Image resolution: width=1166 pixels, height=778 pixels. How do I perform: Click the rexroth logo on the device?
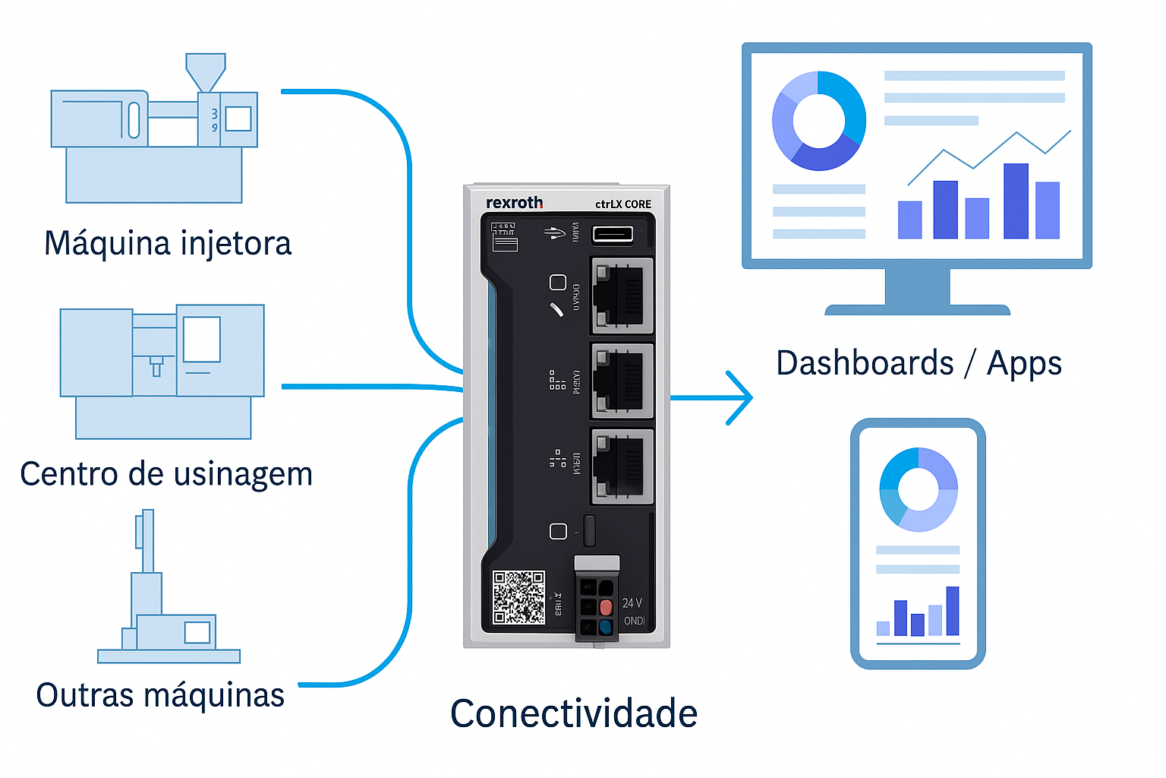pos(514,203)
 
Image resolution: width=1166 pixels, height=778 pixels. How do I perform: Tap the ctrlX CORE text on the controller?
pos(622,204)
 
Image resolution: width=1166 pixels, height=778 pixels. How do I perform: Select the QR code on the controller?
pos(518,597)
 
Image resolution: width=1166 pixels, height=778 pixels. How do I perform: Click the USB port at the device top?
pos(612,233)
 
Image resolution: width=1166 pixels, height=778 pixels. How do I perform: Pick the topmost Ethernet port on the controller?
pos(622,296)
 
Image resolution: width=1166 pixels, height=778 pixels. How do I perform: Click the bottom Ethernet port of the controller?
pos(622,466)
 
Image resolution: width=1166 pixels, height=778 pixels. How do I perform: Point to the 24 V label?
pos(632,602)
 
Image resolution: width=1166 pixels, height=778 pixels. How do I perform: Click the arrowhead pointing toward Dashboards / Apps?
pos(739,397)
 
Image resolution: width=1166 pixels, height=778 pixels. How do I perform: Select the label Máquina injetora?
pos(168,244)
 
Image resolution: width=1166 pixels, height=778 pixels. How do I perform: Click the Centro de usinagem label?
pos(166,474)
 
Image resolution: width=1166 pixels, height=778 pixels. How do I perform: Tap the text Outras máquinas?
pos(160,695)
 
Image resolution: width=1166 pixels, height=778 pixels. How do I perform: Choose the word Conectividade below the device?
pos(574,714)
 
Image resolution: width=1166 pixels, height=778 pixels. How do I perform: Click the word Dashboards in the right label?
pos(865,363)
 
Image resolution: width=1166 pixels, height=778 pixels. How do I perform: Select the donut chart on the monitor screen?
pos(818,121)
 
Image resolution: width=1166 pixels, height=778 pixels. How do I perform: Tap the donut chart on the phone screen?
pos(919,489)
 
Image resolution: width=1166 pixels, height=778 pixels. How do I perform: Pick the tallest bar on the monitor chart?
pos(1016,201)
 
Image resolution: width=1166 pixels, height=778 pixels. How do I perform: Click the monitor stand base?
pos(917,309)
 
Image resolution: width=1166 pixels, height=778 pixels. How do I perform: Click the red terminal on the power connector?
pos(606,607)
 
